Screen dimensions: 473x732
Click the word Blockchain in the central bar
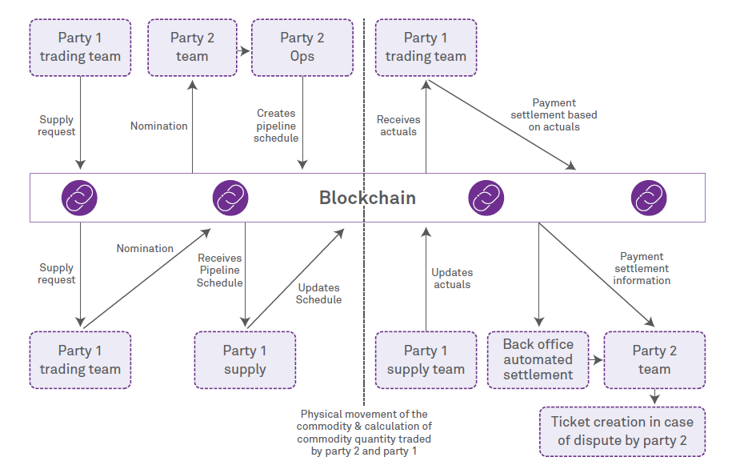tap(367, 198)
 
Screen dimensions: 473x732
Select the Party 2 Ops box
tap(302, 47)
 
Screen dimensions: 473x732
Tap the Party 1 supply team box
tap(426, 360)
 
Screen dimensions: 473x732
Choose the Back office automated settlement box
tap(538, 360)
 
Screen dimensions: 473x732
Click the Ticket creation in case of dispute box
tap(622, 431)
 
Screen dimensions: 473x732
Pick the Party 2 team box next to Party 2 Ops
tap(192, 47)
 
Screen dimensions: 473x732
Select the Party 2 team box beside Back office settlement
tap(654, 360)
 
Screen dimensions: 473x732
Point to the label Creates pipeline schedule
tap(277, 126)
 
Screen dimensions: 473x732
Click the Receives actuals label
tap(398, 126)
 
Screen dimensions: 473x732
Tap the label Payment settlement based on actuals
tap(554, 114)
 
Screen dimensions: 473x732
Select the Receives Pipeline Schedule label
tap(220, 271)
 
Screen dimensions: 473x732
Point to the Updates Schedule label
tap(318, 294)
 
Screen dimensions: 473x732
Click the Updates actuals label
tap(452, 279)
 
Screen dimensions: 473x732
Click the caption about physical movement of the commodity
tap(364, 433)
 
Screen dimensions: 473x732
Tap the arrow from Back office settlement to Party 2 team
tap(596, 361)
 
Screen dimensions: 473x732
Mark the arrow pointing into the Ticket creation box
tap(655, 397)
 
